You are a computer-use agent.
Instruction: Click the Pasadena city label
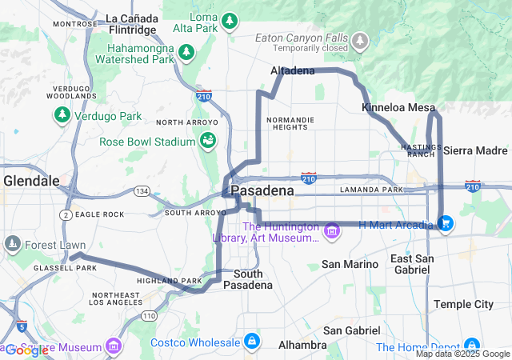pyautogui.click(x=262, y=192)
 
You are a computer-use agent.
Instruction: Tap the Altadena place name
pyautogui.click(x=293, y=71)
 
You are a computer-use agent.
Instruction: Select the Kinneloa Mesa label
pyautogui.click(x=398, y=107)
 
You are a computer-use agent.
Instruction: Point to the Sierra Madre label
pyautogui.click(x=475, y=150)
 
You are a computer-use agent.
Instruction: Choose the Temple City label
pyautogui.click(x=463, y=304)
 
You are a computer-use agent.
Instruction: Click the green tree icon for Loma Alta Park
pyautogui.click(x=230, y=20)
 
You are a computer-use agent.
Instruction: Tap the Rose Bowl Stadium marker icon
pyautogui.click(x=208, y=142)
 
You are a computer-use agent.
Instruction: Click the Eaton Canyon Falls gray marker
pyautogui.click(x=360, y=39)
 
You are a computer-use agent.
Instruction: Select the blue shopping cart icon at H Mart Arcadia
pyautogui.click(x=446, y=224)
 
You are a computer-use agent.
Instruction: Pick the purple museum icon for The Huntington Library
pyautogui.click(x=331, y=232)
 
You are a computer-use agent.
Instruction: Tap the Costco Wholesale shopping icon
pyautogui.click(x=252, y=342)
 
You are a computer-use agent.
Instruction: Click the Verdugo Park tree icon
pyautogui.click(x=62, y=116)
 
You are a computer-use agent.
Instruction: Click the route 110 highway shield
pyautogui.click(x=149, y=317)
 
